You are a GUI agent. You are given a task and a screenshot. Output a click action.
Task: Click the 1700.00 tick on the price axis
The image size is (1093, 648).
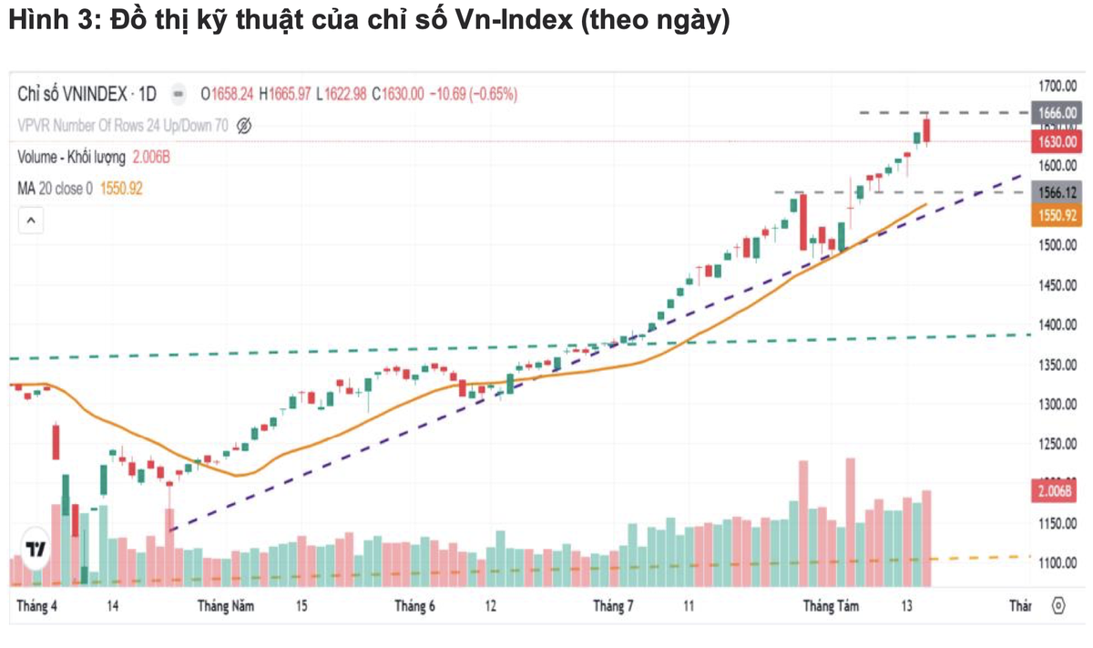pyautogui.click(x=1057, y=87)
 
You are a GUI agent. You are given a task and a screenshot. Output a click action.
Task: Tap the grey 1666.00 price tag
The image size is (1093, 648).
pyautogui.click(x=1057, y=113)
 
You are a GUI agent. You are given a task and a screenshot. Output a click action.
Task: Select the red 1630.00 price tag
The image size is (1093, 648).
pyautogui.click(x=1057, y=142)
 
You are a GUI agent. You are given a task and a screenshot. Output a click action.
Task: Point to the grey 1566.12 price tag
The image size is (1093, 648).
pyautogui.click(x=1057, y=193)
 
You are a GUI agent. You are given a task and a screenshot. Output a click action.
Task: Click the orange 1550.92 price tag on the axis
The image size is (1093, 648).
pyautogui.click(x=1057, y=216)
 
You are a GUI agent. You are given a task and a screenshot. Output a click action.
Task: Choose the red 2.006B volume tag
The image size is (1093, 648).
pyautogui.click(x=1057, y=492)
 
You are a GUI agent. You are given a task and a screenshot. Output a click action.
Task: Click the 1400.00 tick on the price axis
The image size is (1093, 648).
pyautogui.click(x=1057, y=325)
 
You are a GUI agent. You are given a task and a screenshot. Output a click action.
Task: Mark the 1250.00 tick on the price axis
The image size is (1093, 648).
pyautogui.click(x=1057, y=445)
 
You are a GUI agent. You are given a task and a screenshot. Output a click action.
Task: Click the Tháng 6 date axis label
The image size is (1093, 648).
pyautogui.click(x=415, y=606)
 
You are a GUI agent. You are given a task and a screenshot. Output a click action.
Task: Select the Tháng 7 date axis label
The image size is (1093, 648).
pyautogui.click(x=613, y=606)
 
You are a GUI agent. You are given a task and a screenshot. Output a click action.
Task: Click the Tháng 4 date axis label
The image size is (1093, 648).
pyautogui.click(x=37, y=606)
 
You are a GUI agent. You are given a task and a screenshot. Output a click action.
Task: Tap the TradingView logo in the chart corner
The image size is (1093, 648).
pyautogui.click(x=36, y=548)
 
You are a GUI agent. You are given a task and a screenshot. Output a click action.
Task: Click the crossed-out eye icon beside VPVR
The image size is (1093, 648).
pyautogui.click(x=243, y=126)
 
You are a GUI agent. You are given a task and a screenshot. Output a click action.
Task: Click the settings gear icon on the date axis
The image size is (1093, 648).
pyautogui.click(x=1058, y=606)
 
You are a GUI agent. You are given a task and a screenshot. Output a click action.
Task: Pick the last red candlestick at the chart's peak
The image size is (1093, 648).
pyautogui.click(x=926, y=132)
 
